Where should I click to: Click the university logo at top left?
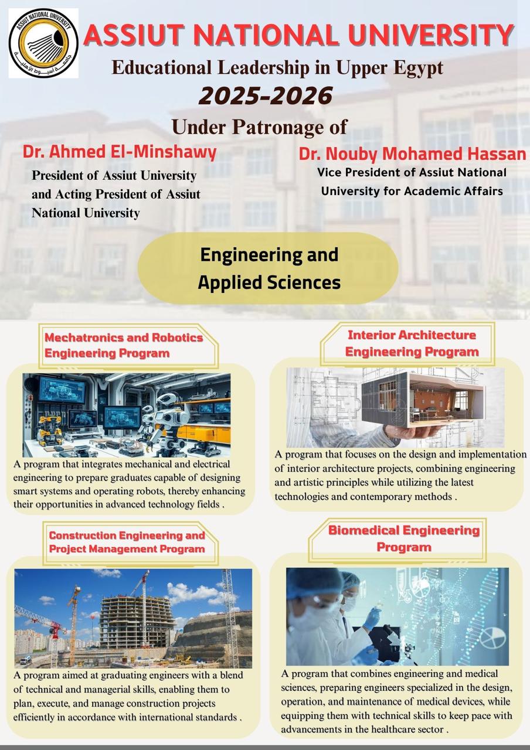pos(43,43)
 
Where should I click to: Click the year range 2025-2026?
pos(266,96)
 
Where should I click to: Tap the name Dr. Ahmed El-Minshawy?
pos(120,152)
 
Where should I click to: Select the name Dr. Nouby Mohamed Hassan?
pos(412,154)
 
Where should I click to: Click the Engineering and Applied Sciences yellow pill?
pos(269,268)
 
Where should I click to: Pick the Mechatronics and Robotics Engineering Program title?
pos(124,345)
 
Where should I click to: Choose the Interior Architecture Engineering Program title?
pos(412,343)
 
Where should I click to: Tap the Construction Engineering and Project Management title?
pos(127,542)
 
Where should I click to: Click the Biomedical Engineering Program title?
pos(404,538)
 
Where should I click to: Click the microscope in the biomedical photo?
pos(387,639)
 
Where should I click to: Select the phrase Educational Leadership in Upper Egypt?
pos(277,68)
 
